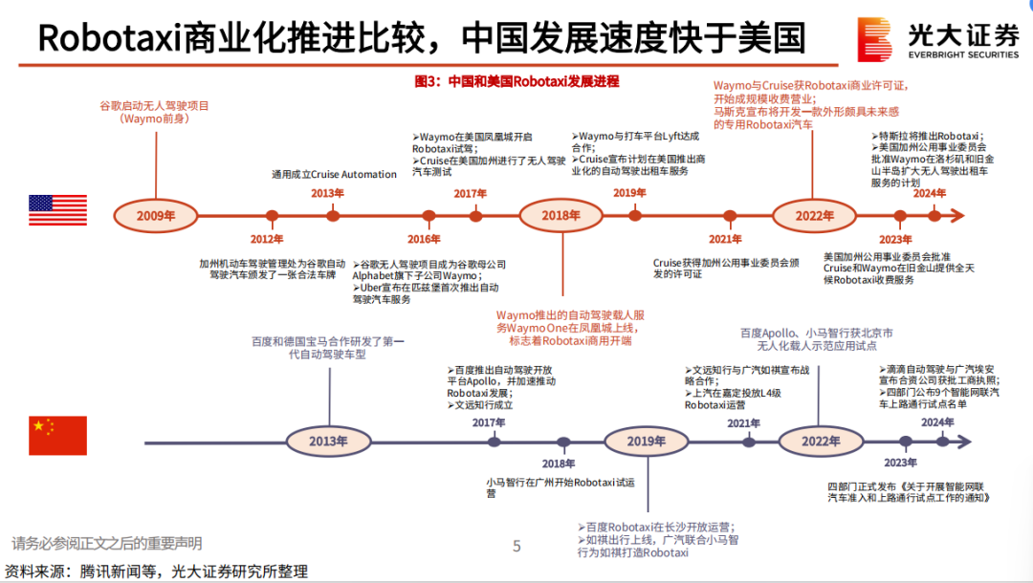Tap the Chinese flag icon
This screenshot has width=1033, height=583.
coord(56,436)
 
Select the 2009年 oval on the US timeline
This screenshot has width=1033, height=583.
coord(156,215)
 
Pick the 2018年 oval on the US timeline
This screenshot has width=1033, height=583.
coord(561,215)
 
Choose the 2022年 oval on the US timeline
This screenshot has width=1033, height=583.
coord(814,215)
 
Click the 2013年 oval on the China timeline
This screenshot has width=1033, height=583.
coord(328,442)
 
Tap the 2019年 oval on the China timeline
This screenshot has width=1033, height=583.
coord(646,442)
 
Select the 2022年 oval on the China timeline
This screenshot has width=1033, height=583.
coord(820,442)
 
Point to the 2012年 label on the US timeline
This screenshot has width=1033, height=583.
coord(267,239)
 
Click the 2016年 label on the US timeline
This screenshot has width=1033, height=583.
coord(424,239)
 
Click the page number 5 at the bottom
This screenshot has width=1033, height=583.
coord(516,547)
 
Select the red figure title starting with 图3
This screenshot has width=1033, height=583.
coord(516,82)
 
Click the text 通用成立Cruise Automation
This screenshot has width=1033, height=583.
coord(335,174)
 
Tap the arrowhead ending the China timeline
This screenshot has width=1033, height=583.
coord(965,442)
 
